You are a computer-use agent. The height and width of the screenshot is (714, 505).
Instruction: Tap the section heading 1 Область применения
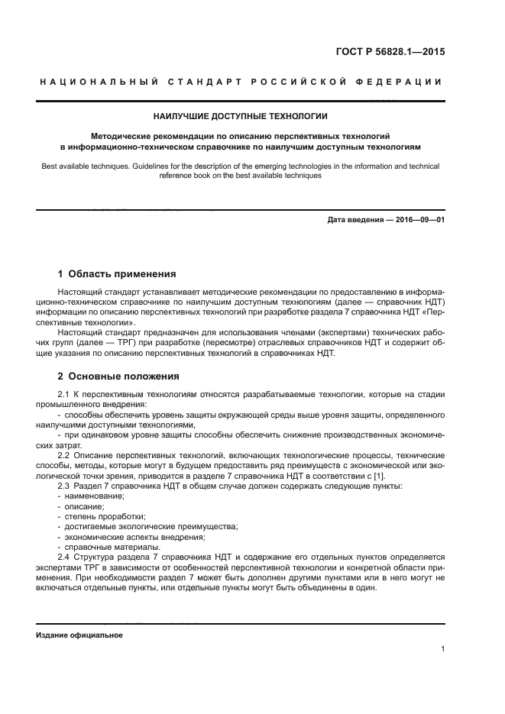click(x=117, y=273)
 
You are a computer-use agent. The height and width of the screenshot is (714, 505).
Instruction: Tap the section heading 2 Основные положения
click(x=118, y=376)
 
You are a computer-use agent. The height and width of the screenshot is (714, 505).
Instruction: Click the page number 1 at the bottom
click(x=442, y=649)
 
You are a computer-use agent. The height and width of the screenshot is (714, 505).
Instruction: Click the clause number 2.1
click(x=64, y=393)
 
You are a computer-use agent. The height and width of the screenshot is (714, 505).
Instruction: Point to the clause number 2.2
click(x=64, y=455)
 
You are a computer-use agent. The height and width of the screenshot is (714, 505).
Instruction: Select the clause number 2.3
click(x=64, y=486)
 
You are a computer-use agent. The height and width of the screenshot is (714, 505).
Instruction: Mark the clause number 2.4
click(x=64, y=557)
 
